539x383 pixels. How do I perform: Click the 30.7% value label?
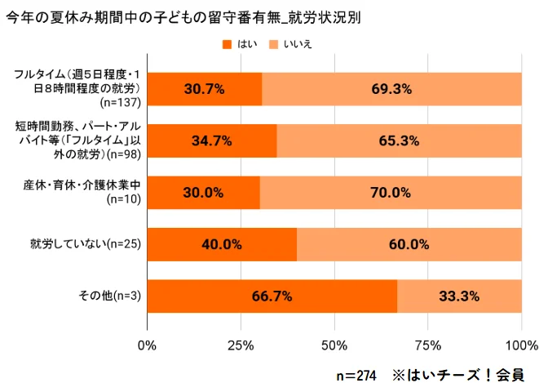pos(205,89)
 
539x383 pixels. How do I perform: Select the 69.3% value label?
pos(391,89)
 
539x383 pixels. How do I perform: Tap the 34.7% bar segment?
pos(212,140)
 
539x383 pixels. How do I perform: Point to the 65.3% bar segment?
pos(400,140)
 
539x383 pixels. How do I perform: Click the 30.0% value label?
pos(204,193)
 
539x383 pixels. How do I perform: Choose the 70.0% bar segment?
pos(391,193)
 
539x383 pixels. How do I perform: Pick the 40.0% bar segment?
pos(222,244)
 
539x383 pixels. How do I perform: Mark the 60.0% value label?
pos(409,244)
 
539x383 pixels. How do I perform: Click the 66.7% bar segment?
pos(272,296)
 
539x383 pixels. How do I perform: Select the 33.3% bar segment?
pos(459,296)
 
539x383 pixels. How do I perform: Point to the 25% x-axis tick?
pos(241,345)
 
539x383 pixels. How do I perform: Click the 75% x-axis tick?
pos(428,345)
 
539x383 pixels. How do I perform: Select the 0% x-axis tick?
pos(147,345)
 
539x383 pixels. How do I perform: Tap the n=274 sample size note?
pos(356,374)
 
